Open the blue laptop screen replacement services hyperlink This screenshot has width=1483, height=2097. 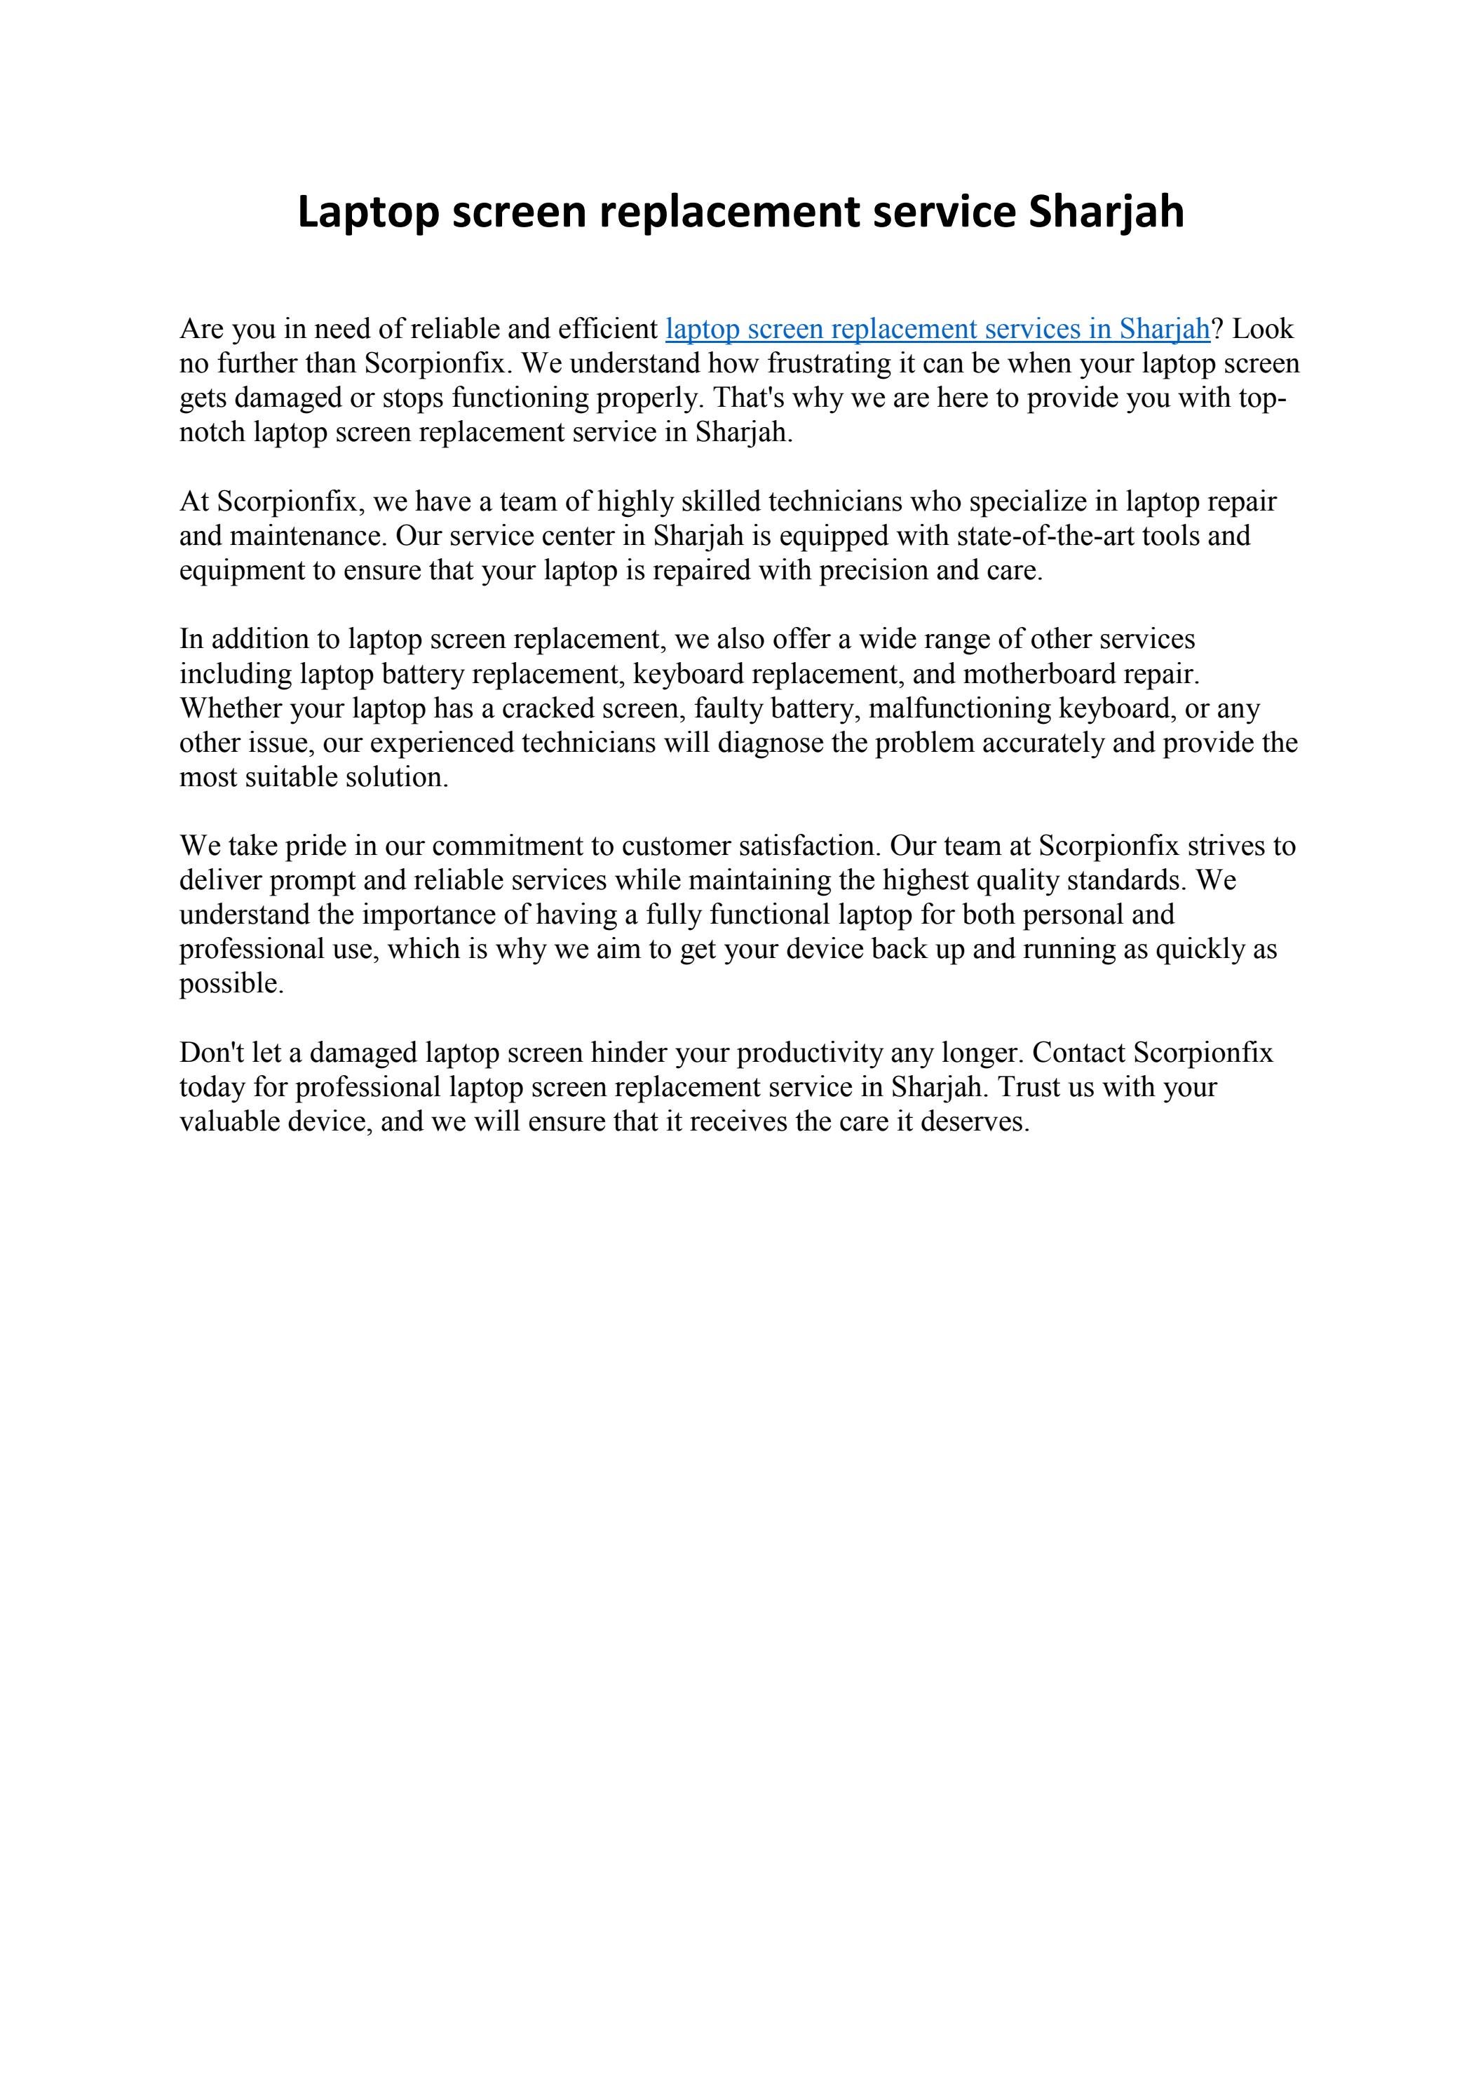point(937,329)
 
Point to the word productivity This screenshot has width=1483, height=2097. point(809,1053)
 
